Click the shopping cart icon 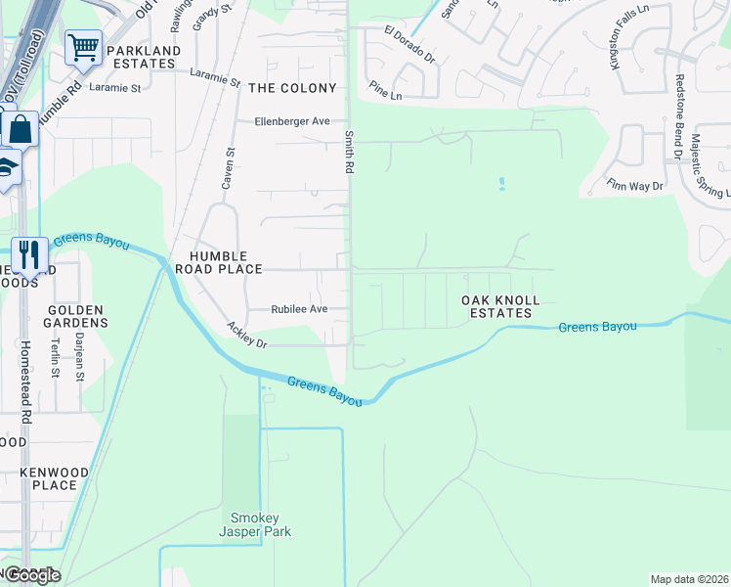[x=83, y=46]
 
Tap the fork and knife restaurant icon [x=29, y=255]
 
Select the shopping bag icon [x=19, y=128]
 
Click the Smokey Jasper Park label [x=255, y=524]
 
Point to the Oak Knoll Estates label [x=500, y=307]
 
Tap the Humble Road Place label [x=218, y=262]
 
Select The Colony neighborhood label [x=292, y=88]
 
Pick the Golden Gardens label [x=76, y=316]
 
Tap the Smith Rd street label [x=348, y=152]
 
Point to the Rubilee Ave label [x=299, y=309]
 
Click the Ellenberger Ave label [x=292, y=121]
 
